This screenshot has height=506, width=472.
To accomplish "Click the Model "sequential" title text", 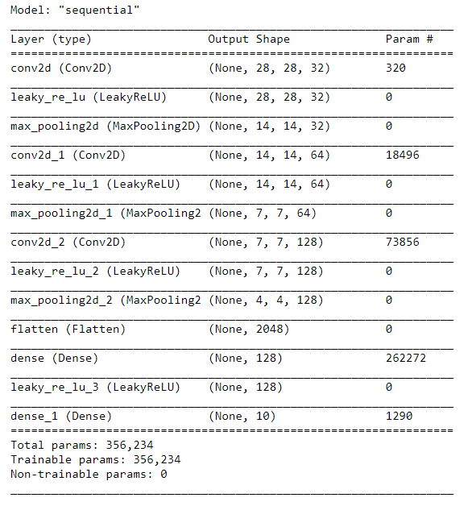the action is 75,10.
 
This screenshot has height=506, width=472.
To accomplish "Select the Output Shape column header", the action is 249,39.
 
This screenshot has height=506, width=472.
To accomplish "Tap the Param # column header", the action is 409,39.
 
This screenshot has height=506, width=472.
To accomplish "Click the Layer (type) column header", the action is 51,39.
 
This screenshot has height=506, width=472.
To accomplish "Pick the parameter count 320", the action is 395,68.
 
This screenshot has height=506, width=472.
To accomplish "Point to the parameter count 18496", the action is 403,156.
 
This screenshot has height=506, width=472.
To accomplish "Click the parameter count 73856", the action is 403,242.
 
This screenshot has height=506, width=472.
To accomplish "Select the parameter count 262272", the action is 406,358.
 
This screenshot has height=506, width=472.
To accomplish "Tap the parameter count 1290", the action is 399,416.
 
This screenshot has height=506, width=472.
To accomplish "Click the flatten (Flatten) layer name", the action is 68,330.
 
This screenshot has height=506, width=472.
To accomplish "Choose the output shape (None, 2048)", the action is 249,330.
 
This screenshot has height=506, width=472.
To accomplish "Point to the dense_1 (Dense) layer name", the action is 61,417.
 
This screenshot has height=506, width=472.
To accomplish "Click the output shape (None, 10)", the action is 242,417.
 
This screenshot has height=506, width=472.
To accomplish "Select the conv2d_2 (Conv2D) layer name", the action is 68,243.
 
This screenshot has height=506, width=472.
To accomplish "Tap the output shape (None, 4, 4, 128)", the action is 266,301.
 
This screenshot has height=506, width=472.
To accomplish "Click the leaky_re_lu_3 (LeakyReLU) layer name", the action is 96,388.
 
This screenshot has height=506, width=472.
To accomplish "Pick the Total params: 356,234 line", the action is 82,446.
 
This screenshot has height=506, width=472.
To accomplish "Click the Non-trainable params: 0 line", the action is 89,475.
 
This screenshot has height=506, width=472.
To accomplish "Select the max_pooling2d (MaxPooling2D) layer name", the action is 106,126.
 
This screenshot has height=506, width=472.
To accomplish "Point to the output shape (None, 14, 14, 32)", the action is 269,126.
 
